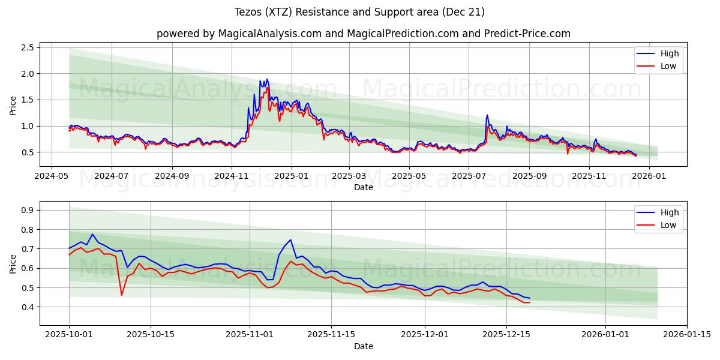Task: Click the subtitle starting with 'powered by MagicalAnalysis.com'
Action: pyautogui.click(x=364, y=34)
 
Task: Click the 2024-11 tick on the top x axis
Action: pyautogui.click(x=232, y=176)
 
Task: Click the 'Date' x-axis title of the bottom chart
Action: pyautogui.click(x=364, y=346)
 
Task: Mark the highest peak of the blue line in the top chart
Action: pyautogui.click(x=266, y=79)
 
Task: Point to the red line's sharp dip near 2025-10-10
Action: pyautogui.click(x=122, y=295)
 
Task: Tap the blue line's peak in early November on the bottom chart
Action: pyautogui.click(x=290, y=240)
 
